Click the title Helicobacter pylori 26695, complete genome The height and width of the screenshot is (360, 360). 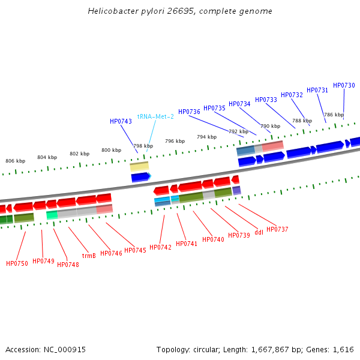click(179, 11)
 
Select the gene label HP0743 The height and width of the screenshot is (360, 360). click(121, 121)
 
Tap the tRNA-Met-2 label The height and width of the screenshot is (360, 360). click(155, 116)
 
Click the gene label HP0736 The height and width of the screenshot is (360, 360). click(189, 112)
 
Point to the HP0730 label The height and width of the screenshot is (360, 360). click(344, 85)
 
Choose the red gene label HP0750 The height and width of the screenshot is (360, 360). click(17, 263)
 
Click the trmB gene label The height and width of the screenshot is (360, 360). click(89, 256)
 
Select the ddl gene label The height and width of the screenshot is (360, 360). click(259, 232)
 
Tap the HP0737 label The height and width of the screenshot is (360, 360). click(277, 229)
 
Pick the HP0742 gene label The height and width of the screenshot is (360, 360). click(160, 247)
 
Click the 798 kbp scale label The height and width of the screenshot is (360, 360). click(143, 146)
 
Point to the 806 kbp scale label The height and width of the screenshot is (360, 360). click(16, 161)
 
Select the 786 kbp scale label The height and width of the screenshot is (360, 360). click(334, 115)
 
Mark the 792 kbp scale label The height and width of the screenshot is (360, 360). click(238, 131)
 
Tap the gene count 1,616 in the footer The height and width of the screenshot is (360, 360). click(343, 349)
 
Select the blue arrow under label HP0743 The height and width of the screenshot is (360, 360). click(140, 177)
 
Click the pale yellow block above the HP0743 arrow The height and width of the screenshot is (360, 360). click(139, 166)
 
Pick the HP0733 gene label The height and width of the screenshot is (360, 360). click(266, 100)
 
